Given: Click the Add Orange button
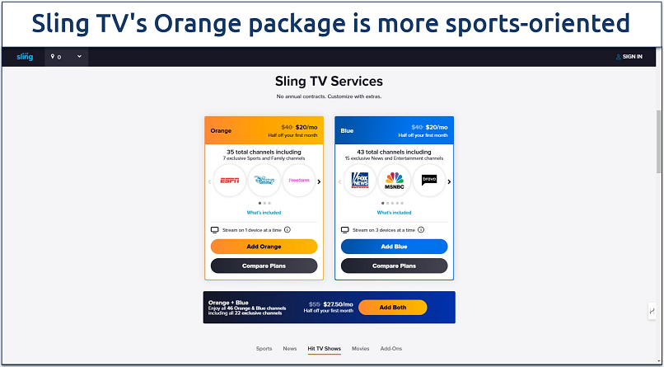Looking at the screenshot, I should tap(264, 247).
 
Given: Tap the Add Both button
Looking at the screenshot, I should tap(392, 307).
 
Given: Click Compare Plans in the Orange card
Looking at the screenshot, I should tap(264, 266).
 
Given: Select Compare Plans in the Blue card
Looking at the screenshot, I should tap(394, 266).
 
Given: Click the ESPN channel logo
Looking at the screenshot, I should tap(228, 181).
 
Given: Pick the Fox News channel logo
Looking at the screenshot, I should tap(359, 181).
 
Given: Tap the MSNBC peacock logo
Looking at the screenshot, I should tap(394, 181).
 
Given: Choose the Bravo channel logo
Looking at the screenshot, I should tap(428, 181).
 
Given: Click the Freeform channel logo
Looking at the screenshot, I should tap(298, 181).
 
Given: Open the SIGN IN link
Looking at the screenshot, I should tap(629, 57).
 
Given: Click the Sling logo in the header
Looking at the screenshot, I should tap(26, 57).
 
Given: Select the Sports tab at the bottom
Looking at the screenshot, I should tap(264, 349).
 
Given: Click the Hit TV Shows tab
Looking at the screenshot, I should tap(324, 349).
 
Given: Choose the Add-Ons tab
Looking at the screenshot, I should tap(391, 349).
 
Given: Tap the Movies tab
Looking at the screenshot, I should tap(360, 349).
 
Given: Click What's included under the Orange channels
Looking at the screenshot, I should tap(264, 213).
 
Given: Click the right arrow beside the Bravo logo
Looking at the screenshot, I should tap(449, 181).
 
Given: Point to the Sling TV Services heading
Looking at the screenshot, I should tap(329, 82).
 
